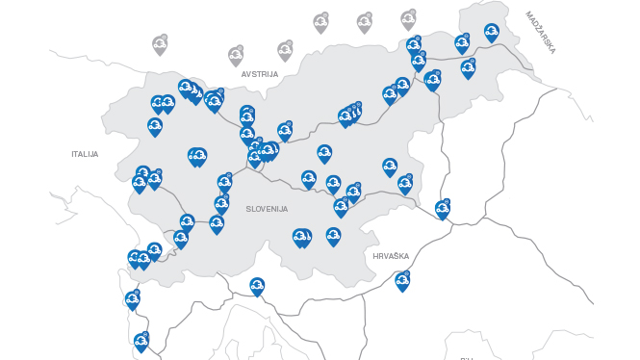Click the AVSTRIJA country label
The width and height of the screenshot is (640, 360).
pos(260,74)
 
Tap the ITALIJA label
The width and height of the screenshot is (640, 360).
pos(85,154)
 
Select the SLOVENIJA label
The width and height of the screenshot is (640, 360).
pos(267,209)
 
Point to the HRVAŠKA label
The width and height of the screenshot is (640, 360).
pos(391,256)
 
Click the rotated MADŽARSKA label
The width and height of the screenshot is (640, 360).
pos(541,32)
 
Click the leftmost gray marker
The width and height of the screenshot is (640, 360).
pos(160,44)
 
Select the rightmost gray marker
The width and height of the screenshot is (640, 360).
pos(408,19)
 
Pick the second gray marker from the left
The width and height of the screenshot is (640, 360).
pos(236,55)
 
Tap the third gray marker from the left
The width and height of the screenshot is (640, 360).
pos(285,49)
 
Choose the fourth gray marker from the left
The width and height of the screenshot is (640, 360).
pos(320,22)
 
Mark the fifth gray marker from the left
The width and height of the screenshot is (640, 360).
pos(364,22)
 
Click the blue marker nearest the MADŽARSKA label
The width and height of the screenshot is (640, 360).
pos(492,33)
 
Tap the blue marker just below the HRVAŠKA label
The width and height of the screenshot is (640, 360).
pos(402,281)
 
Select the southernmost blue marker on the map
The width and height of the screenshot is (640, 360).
pos(141,342)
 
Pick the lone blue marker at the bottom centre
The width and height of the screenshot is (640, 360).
pos(257,286)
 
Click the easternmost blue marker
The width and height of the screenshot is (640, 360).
pos(492,33)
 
